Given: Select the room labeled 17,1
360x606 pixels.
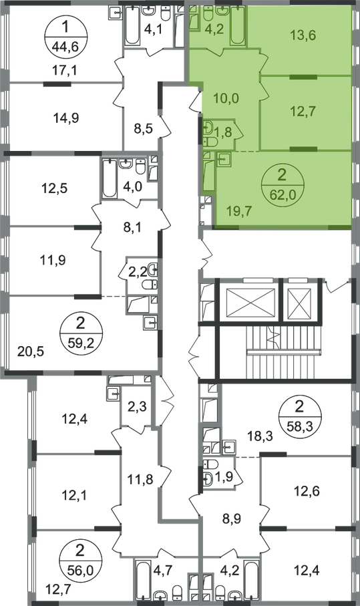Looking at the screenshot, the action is [65, 70].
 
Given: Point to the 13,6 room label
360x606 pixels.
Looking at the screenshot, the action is [303, 35].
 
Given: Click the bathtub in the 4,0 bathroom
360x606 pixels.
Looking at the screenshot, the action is [110, 179].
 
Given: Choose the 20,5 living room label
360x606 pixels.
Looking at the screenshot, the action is [31, 351].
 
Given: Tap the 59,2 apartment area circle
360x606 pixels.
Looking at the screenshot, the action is [81, 331].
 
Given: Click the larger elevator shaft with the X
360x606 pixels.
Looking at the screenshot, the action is [250, 299].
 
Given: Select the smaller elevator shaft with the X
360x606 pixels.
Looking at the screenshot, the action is [299, 299].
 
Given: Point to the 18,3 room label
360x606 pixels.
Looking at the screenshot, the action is [260, 436].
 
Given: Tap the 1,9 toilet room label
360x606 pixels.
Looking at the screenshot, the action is [223, 477].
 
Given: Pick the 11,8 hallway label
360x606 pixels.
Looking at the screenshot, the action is [140, 479].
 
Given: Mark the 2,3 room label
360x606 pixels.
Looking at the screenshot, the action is [138, 407].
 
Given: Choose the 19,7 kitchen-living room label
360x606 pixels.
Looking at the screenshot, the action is [238, 211].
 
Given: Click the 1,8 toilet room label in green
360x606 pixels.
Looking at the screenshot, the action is [223, 132].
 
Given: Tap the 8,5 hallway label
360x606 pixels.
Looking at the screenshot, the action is [144, 128].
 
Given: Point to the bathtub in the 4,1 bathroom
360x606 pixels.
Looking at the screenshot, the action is [132, 25].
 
